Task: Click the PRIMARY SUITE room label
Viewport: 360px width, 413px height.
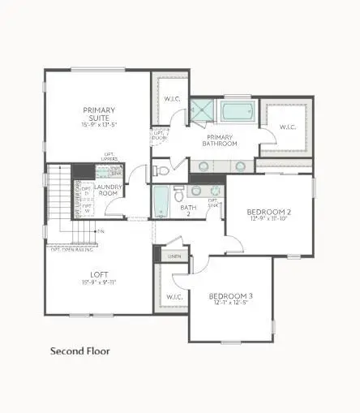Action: pos(99,114)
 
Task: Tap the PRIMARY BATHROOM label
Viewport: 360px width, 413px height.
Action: pos(220,140)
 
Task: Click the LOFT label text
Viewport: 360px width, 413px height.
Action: pos(99,274)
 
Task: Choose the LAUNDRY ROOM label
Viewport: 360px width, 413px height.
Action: pos(108,191)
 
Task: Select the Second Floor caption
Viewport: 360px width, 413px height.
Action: pos(80,351)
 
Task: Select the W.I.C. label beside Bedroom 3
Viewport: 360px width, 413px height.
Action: pos(173,297)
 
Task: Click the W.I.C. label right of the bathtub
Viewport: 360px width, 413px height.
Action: pos(288,127)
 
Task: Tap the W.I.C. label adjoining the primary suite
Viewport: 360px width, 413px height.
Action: pos(171,100)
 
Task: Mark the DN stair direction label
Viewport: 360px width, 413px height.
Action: pos(101,231)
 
